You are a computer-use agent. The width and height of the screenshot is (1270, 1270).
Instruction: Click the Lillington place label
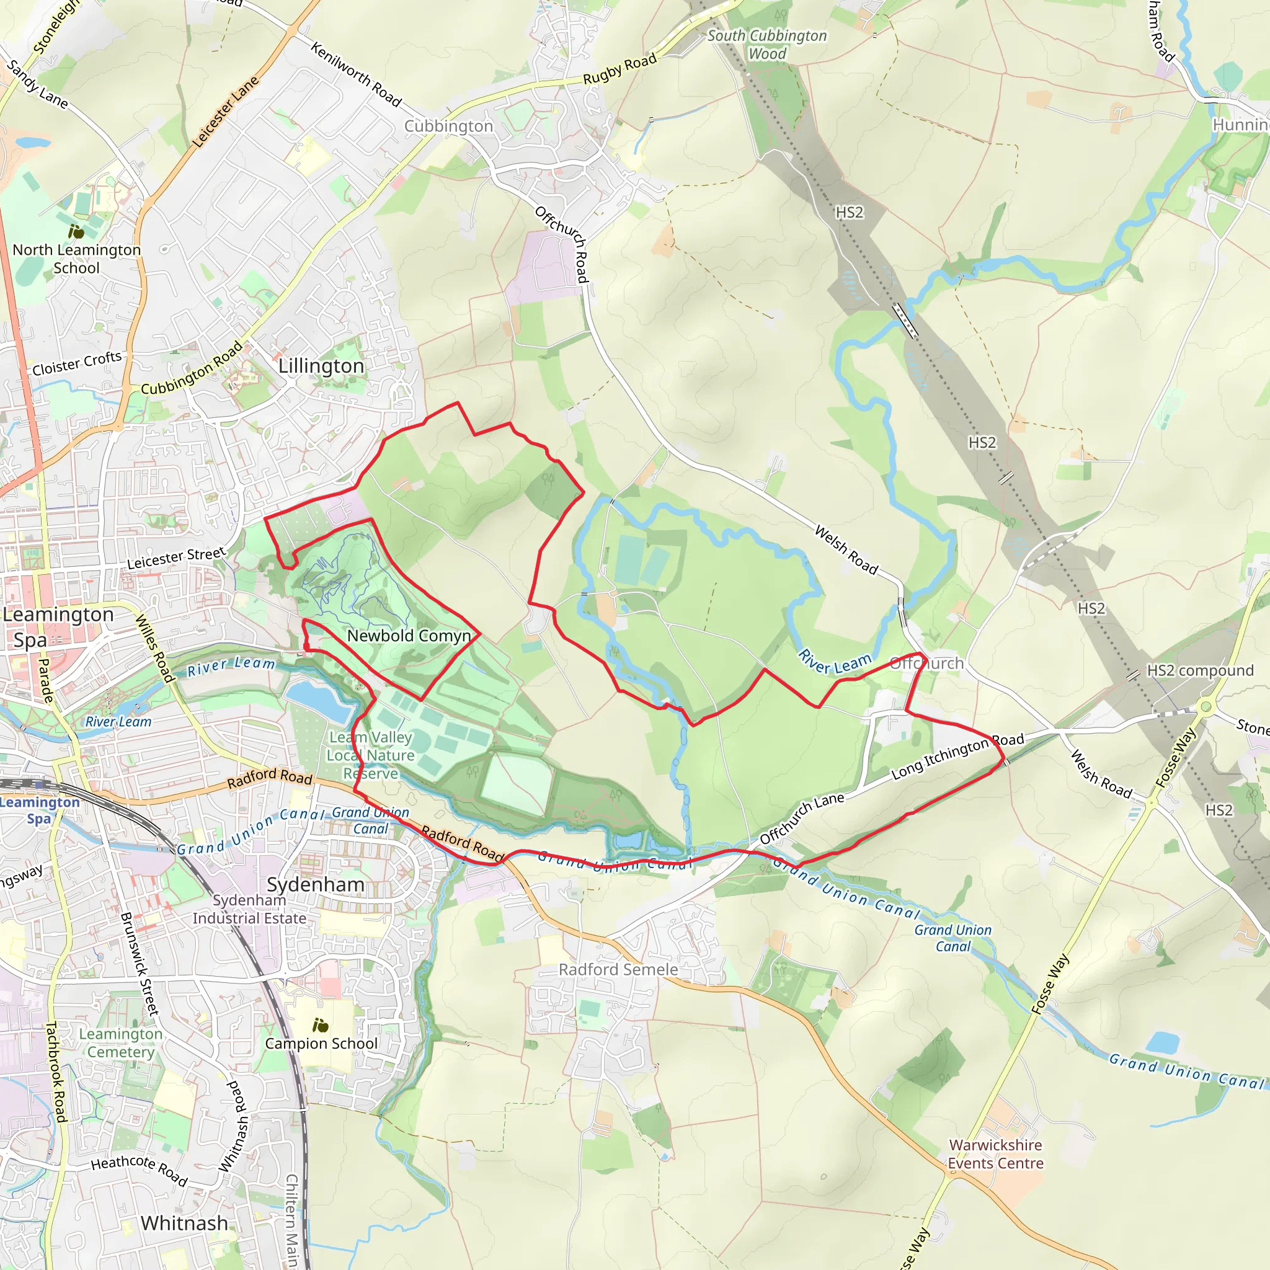321,366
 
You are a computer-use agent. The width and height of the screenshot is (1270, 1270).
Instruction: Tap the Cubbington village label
448,127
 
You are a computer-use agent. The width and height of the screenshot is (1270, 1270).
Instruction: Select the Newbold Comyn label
409,636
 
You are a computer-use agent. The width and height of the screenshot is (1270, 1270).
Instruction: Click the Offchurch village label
926,664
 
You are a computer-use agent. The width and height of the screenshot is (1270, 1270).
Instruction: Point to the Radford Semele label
618,970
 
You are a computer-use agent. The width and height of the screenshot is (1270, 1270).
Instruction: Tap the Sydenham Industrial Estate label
249,909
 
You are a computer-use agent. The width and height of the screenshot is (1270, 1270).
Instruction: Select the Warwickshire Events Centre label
995,1153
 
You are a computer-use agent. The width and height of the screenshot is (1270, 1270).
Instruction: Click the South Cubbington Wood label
766,45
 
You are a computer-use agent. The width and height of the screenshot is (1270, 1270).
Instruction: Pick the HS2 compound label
1201,670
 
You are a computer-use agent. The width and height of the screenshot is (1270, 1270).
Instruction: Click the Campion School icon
320,1026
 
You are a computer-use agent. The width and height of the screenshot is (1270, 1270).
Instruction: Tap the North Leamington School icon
76,231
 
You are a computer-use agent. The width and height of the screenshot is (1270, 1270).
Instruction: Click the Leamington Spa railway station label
39,810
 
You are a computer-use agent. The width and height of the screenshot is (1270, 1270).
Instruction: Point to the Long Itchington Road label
957,758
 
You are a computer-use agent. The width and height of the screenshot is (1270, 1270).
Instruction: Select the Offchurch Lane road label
801,819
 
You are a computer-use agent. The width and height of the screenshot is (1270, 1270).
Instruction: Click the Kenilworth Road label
355,74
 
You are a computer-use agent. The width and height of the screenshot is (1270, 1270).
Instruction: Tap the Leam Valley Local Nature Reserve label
371,755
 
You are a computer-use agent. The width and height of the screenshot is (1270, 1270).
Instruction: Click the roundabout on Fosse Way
1205,708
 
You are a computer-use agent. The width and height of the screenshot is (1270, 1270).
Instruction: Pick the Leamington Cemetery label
121,1042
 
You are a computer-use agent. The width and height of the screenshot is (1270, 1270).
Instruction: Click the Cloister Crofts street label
77,363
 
